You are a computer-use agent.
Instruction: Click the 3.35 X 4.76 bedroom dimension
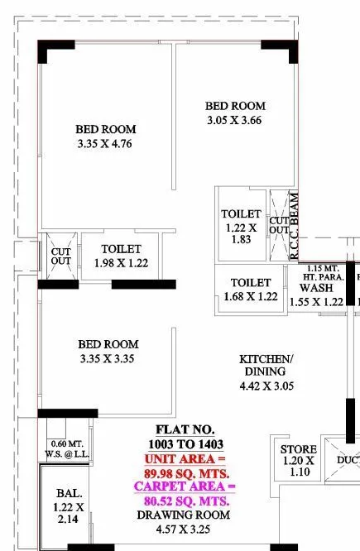[105, 144]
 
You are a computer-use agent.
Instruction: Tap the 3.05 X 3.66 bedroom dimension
[235, 120]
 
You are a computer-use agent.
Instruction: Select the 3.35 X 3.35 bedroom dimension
[108, 358]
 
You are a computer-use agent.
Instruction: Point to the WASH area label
[316, 288]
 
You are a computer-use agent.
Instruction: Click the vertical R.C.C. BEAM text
[294, 226]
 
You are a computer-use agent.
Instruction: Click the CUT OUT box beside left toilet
[61, 255]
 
